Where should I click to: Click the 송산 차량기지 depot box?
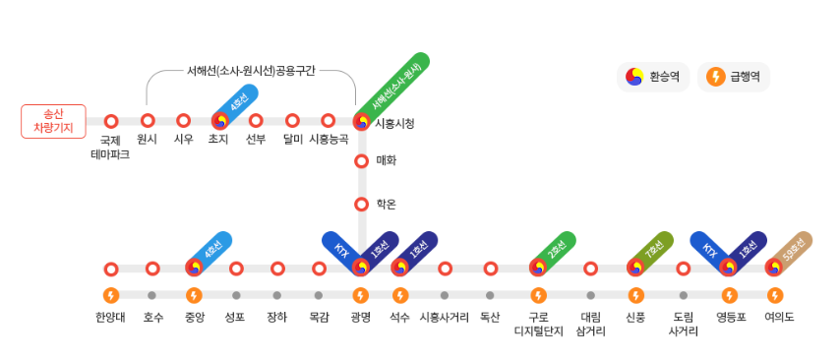[53, 121]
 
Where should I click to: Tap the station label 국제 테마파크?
[110, 148]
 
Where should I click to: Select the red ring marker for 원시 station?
[148, 121]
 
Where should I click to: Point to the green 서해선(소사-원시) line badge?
[393, 88]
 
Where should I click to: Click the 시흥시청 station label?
[394, 123]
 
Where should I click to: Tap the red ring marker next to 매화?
[361, 160]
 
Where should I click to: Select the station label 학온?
[386, 205]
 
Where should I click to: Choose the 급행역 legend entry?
[734, 77]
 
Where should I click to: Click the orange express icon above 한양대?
[111, 295]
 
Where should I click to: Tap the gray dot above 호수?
[151, 295]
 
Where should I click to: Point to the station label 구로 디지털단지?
[538, 324]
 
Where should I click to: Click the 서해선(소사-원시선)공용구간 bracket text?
[251, 72]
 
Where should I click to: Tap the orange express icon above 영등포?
[729, 295]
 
